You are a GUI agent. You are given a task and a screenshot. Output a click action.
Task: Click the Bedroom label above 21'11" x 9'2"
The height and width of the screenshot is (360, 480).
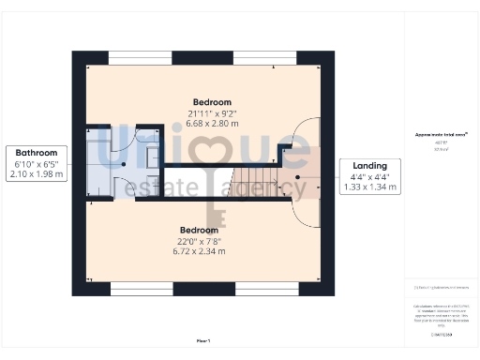tap(212, 101)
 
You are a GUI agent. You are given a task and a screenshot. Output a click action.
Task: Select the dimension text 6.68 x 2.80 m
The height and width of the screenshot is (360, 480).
tap(212, 123)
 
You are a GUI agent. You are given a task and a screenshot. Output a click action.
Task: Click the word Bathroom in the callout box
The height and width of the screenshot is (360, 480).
tap(37, 153)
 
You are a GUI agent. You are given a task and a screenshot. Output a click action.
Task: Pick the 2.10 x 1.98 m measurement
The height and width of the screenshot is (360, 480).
tap(37, 173)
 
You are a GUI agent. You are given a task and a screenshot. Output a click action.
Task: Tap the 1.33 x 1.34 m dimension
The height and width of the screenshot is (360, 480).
tap(370, 187)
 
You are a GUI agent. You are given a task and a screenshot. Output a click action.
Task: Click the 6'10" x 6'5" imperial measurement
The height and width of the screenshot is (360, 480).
tap(37, 163)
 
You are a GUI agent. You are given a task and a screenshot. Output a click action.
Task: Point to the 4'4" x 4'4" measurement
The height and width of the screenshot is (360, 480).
tap(370, 176)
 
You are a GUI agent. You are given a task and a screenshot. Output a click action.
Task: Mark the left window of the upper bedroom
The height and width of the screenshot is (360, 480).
tap(140, 57)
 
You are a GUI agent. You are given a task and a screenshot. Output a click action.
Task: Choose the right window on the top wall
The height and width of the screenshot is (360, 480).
tap(264, 57)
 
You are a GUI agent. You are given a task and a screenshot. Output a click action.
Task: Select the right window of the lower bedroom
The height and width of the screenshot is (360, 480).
tap(265, 288)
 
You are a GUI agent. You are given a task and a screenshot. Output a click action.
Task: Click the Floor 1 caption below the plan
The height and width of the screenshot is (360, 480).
tap(203, 339)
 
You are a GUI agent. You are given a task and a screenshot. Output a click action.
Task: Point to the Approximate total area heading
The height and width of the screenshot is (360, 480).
tap(442, 135)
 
